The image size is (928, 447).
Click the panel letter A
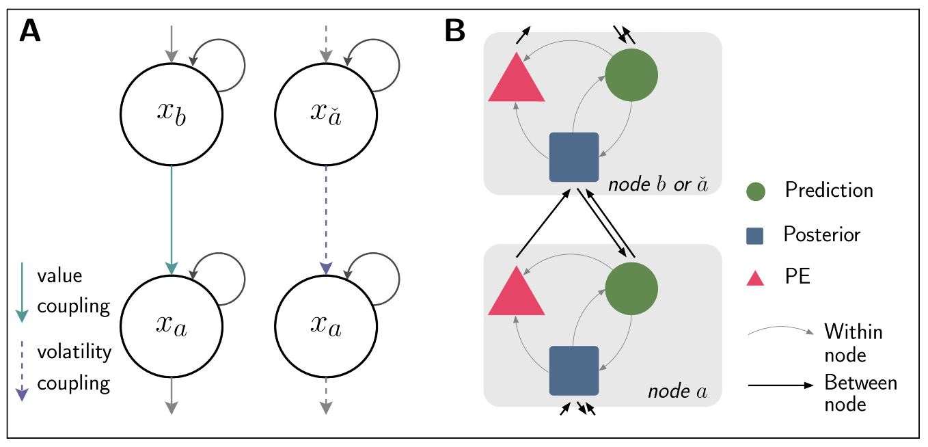tap(30, 31)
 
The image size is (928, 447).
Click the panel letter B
tap(456, 31)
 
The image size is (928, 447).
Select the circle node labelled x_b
tap(171, 114)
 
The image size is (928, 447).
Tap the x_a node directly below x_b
tap(171, 327)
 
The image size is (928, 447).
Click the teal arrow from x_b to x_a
tap(171, 219)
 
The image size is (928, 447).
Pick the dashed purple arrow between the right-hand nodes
tap(326, 219)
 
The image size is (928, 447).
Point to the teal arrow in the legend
tap(22, 290)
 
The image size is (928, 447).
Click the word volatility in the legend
tap(74, 352)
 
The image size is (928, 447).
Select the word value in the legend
tap(59, 276)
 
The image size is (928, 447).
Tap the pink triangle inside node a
tap(517, 292)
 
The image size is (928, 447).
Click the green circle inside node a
tap(631, 286)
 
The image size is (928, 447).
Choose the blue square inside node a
tap(574, 370)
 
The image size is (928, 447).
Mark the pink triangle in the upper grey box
tap(517, 79)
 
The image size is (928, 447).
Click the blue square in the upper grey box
tap(574, 157)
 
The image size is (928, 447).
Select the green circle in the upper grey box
tap(631, 74)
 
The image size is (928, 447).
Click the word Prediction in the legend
tap(829, 189)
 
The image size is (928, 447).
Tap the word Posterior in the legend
tap(821, 234)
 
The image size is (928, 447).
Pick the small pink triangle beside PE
tap(754, 277)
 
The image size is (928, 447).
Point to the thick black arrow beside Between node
tap(780, 385)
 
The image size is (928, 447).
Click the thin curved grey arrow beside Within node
tap(780, 331)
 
